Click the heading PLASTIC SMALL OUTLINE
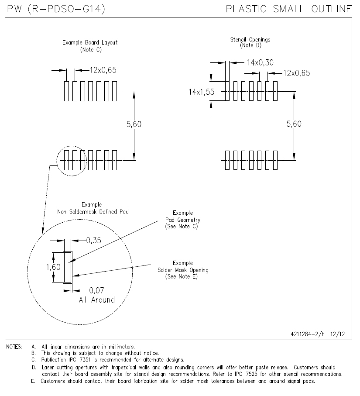pos(289,9)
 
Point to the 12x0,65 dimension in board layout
pos(103,70)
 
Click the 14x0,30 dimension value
pos(260,62)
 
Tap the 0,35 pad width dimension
pos(94,240)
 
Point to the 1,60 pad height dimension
pos(53,267)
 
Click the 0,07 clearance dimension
pos(97,290)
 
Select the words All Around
pos(96,300)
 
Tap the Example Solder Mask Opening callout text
pos(183,270)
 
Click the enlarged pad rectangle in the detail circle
pos(68,267)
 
